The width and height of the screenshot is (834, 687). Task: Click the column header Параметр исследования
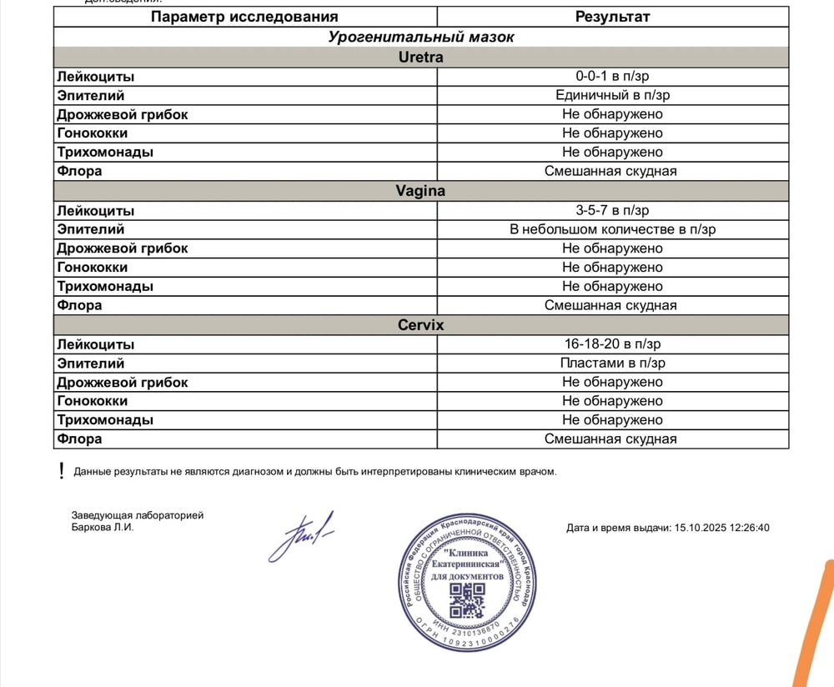[x=244, y=17]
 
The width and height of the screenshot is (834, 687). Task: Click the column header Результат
[x=612, y=17]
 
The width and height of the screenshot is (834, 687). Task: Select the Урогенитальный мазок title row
[x=420, y=37]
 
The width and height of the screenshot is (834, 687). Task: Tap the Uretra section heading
[x=420, y=58]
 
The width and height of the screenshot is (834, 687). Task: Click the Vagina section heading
[x=420, y=191]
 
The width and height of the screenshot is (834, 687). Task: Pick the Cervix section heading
[x=420, y=325]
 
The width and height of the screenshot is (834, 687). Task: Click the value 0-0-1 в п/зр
[x=612, y=77]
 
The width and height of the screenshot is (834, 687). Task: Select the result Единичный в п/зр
[x=612, y=95]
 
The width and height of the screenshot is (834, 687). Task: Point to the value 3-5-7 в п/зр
[x=612, y=210]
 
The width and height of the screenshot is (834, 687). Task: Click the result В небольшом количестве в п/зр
[x=612, y=229]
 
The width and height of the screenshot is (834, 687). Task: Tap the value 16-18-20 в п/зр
[x=612, y=344]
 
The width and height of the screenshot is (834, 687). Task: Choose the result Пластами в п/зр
[x=612, y=363]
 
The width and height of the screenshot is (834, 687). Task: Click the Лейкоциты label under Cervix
[x=95, y=344]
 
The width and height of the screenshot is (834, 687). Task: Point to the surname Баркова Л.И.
[x=103, y=527]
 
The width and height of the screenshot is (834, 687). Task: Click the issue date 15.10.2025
[x=700, y=528]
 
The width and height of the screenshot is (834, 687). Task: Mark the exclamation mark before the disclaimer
[x=61, y=471]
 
